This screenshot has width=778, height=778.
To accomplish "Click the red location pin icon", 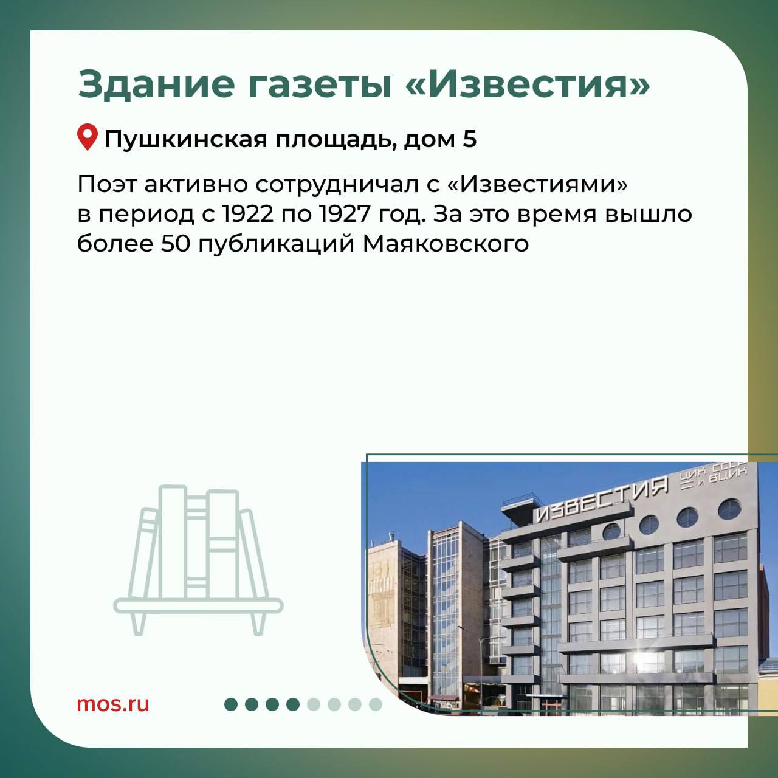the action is pos(87,137).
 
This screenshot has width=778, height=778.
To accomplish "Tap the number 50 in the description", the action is pos(176,244).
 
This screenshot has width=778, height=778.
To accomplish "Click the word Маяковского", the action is pos(446,244).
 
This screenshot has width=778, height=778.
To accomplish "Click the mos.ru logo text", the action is pos(113,704).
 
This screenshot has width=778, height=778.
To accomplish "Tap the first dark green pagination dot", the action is pos(231,704).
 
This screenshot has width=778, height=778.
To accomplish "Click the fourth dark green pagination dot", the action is pos(293,704).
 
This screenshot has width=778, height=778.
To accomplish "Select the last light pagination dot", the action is pos(376,704).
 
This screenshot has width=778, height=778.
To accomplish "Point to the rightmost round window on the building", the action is pos(729,509).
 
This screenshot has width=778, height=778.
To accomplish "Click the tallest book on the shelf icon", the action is pos(173,542).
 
